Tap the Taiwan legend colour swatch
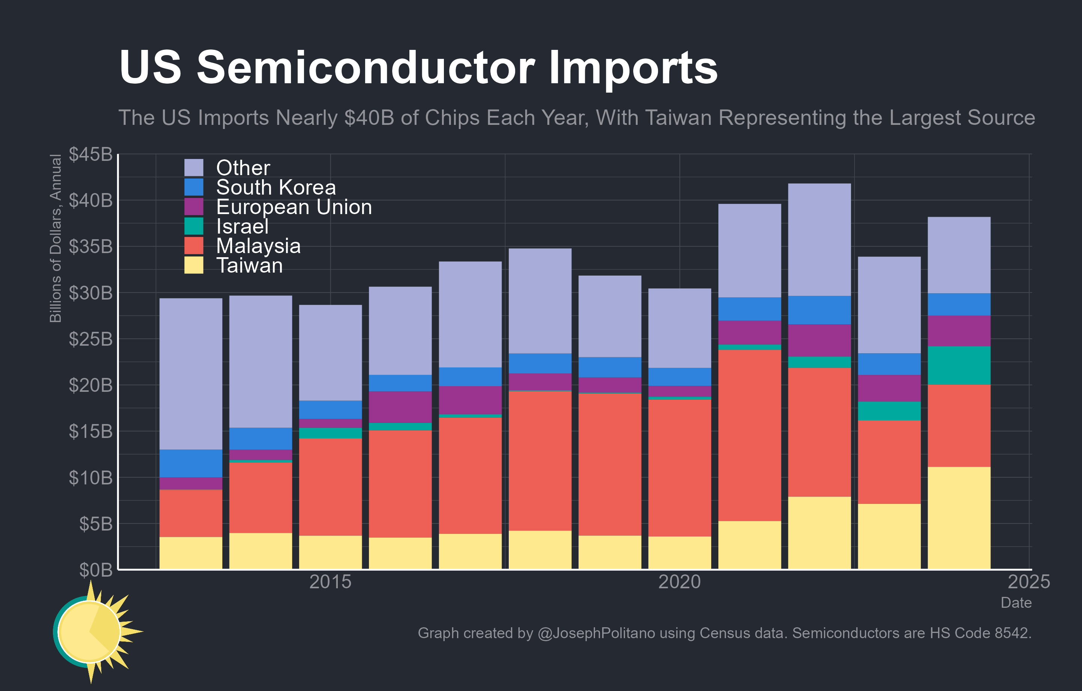point(194,265)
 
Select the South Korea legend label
point(276,187)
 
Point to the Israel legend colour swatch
point(194,226)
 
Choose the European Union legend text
point(294,207)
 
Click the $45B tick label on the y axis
point(90,154)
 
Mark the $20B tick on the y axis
point(90,385)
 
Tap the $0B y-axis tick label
point(95,570)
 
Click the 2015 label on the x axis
point(330,582)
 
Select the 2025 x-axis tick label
point(1028,582)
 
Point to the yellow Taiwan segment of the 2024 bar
point(959,517)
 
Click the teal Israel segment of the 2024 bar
point(959,365)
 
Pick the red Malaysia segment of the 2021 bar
point(749,435)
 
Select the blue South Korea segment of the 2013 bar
point(190,463)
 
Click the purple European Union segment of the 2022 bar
point(819,340)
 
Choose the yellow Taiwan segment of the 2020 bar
point(679,553)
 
